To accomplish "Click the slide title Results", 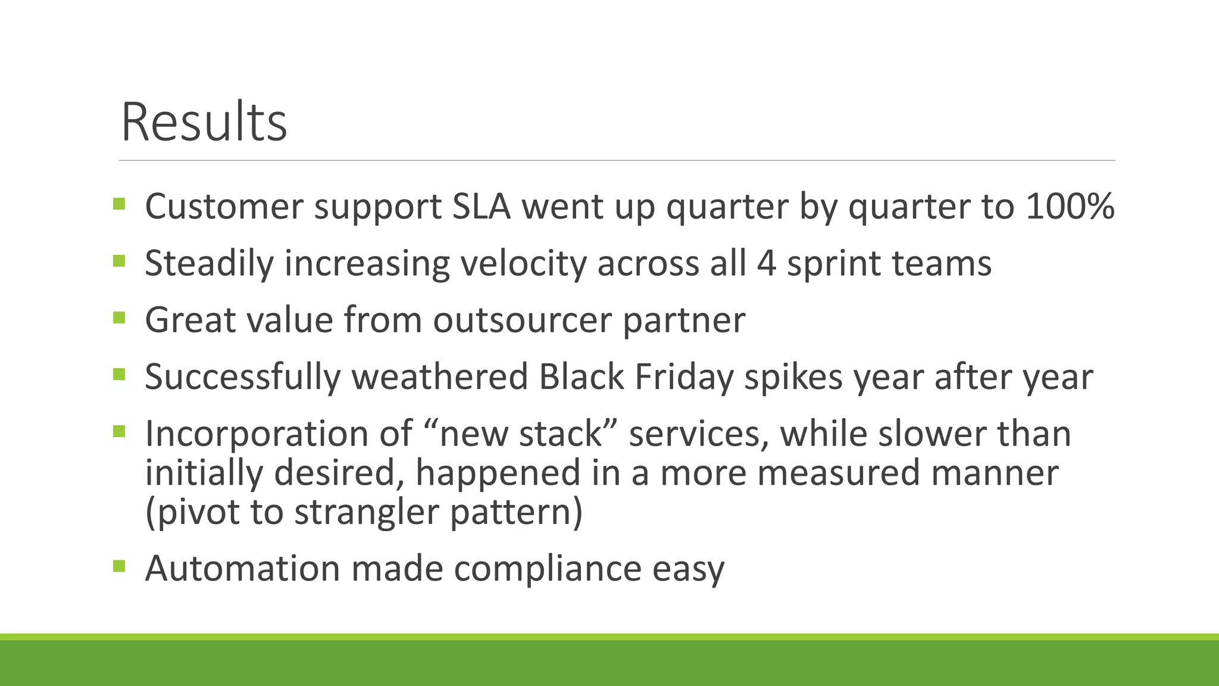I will point(204,123).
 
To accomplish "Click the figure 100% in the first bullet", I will point(1070,207).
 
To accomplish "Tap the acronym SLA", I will point(482,207).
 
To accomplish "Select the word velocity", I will point(523,263).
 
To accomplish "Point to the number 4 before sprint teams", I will point(766,263).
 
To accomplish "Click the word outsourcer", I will point(522,320).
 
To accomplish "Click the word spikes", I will point(793,376).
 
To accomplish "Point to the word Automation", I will point(242,568).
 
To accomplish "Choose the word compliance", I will point(547,568).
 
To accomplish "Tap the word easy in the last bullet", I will point(688,568).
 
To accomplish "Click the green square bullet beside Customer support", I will point(119,204).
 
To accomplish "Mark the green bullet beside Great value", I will point(119,317).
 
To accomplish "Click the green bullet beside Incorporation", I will point(119,431).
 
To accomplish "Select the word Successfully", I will point(243,376).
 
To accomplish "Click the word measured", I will point(836,473).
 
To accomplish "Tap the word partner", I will point(684,320).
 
